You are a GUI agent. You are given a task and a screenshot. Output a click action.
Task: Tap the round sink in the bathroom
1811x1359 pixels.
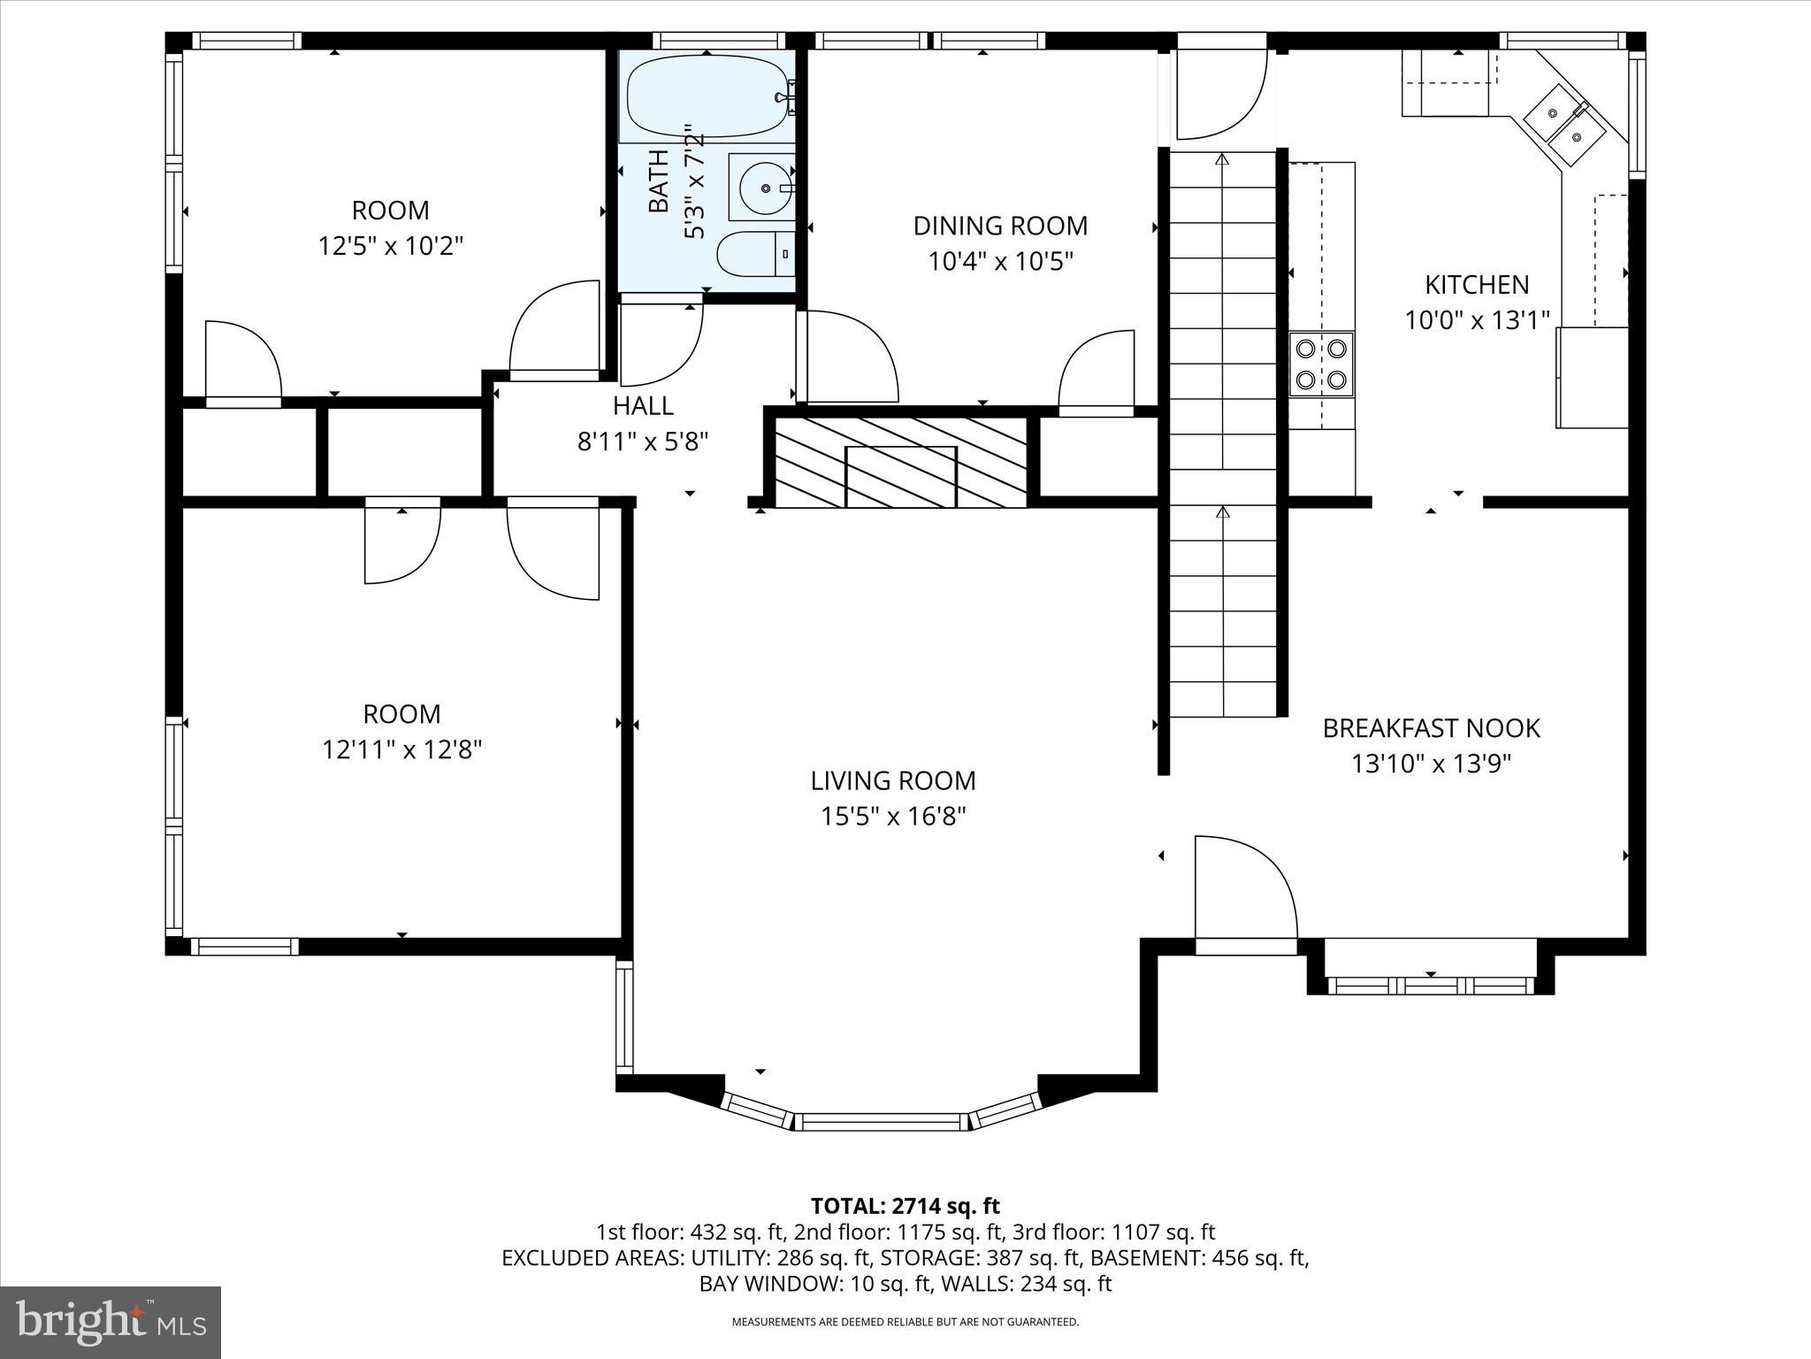[x=762, y=188]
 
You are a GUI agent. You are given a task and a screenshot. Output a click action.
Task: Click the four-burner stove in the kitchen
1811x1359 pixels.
[x=1321, y=364]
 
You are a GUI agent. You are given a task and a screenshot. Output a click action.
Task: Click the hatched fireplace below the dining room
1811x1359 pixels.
[x=900, y=462]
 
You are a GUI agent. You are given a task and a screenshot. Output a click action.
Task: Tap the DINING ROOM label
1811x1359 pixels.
[x=1000, y=226]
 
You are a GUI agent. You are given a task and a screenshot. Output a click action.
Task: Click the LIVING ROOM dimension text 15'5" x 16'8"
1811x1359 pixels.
[x=893, y=816]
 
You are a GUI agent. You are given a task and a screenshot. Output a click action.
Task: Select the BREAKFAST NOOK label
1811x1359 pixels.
[x=1431, y=728]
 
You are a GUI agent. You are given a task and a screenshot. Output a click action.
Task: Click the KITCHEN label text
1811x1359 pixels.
[x=1476, y=284]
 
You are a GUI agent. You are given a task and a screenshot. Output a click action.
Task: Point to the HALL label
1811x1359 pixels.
[x=643, y=406]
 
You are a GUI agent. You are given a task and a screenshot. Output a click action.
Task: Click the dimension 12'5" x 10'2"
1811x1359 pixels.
[x=391, y=245]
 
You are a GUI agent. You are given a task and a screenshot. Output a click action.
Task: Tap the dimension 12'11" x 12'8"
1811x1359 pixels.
[x=401, y=750]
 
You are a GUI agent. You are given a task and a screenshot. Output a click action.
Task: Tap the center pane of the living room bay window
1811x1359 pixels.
[x=881, y=1122]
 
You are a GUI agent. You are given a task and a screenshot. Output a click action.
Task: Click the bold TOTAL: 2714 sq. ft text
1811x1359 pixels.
[x=905, y=1206]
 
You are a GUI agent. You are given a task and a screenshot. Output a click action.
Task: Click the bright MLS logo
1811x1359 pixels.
[x=111, y=1322]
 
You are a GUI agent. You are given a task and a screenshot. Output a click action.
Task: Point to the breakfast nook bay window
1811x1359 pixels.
[x=1431, y=985]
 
